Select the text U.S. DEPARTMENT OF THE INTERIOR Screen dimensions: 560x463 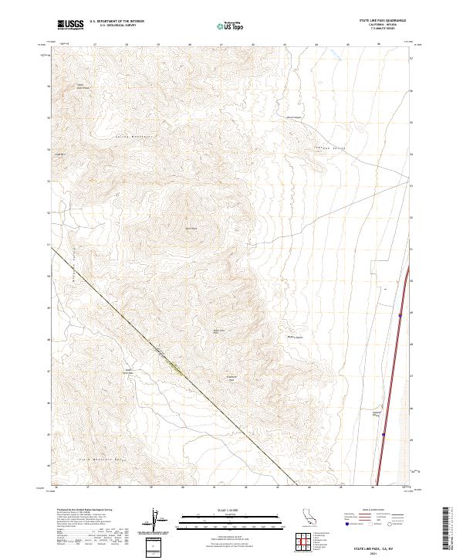coord(117,22)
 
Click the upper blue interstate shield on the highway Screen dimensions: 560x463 coord(400,315)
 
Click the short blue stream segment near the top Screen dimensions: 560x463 coord(335,54)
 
